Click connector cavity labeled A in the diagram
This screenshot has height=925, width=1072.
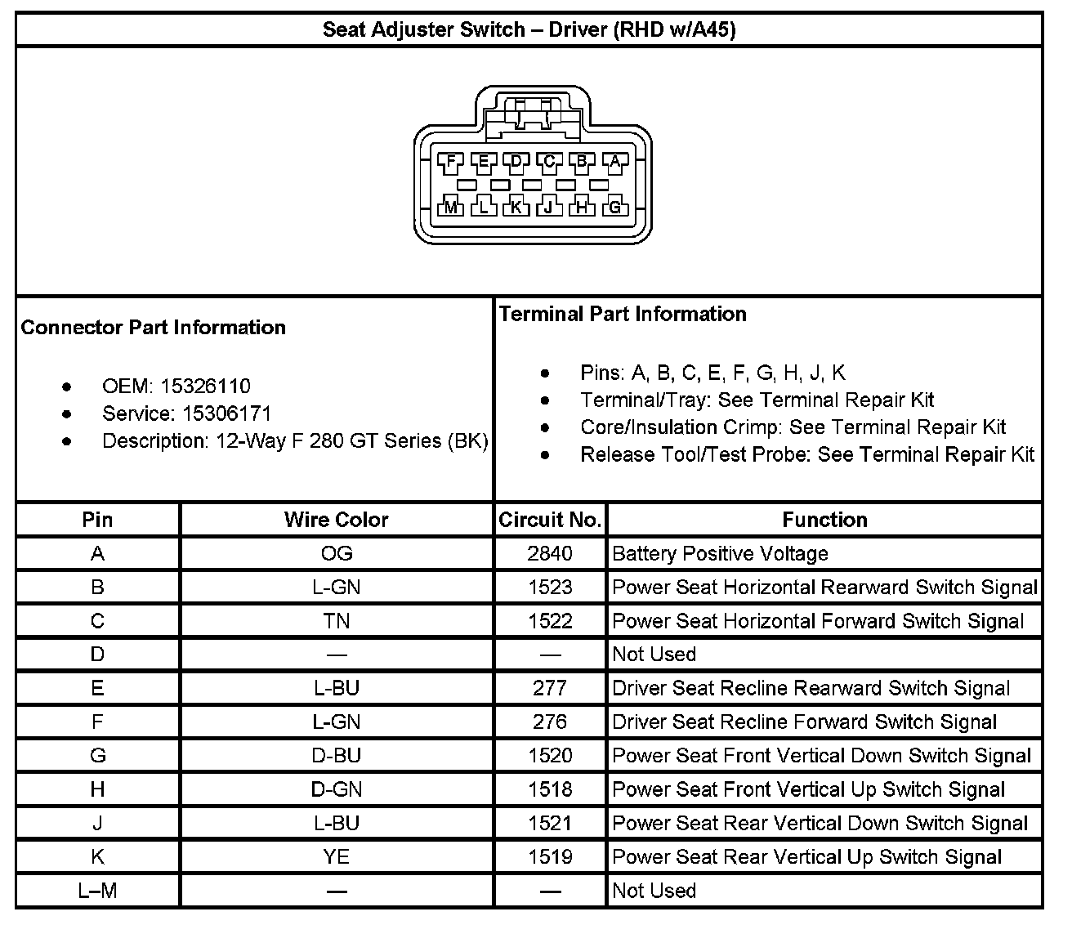point(615,161)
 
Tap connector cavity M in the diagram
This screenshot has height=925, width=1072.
point(450,207)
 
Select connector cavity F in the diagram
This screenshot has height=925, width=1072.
point(450,161)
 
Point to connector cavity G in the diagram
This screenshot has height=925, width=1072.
point(615,207)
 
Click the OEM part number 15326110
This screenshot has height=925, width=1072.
point(205,386)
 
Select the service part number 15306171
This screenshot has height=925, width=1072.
point(226,413)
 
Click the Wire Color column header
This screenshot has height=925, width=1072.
point(336,520)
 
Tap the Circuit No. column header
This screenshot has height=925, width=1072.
point(550,520)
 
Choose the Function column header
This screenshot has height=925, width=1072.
point(824,520)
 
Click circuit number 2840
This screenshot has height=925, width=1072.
point(550,554)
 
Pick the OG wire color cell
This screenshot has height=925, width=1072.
point(336,554)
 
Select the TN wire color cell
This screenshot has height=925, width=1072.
point(336,621)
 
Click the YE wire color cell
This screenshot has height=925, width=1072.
point(336,857)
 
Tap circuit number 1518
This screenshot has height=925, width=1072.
point(550,789)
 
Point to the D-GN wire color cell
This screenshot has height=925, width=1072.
point(336,789)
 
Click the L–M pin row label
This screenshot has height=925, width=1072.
point(97,891)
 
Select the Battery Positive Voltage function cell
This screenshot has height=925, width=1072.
point(720,554)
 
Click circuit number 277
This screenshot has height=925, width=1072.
point(550,689)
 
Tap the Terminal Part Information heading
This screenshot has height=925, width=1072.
point(623,315)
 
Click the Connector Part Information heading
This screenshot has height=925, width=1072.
point(154,328)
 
